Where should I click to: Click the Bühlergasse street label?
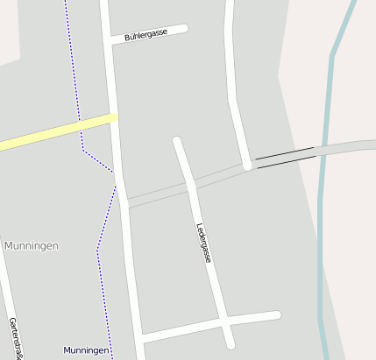pos(146,34)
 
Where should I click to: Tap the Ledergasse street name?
pos(204,243)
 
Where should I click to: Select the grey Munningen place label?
pos(32,246)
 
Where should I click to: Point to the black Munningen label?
pos(86,350)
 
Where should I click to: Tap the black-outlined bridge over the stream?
pos(285,156)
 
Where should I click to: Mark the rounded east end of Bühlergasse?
pos(184,29)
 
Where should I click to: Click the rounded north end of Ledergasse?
pos(177,141)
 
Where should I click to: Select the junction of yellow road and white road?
pos(115,116)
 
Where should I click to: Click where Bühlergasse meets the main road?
pos(110,40)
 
